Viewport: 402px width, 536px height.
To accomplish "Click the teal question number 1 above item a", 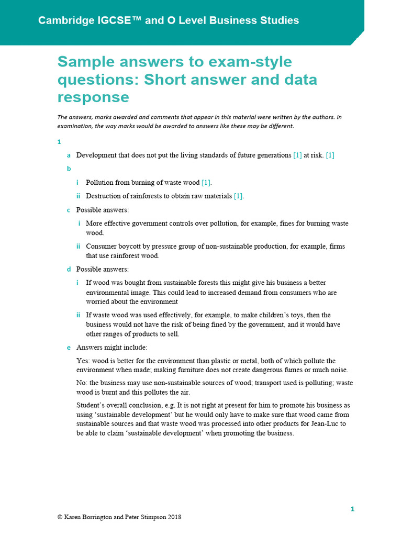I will (x=59, y=142).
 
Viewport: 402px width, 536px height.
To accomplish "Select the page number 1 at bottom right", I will (x=352, y=509).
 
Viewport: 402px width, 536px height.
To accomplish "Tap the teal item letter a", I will (x=69, y=155).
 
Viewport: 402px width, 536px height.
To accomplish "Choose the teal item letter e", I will (x=69, y=347).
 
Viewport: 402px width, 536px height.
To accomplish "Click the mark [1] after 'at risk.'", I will (x=330, y=155).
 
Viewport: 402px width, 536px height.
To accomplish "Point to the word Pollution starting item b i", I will (x=101, y=183).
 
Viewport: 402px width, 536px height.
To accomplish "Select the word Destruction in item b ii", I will (x=105, y=196).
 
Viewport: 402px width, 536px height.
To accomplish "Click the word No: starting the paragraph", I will (x=82, y=383).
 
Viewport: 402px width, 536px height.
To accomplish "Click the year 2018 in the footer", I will (x=174, y=517).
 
